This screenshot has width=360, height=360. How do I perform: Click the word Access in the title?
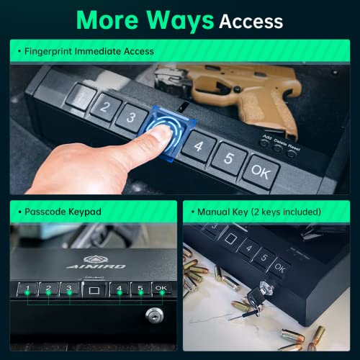pyautogui.click(x=251, y=21)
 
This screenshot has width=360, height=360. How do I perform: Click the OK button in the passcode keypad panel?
pyautogui.click(x=161, y=290)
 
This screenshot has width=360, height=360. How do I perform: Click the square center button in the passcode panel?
pyautogui.click(x=94, y=291)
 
